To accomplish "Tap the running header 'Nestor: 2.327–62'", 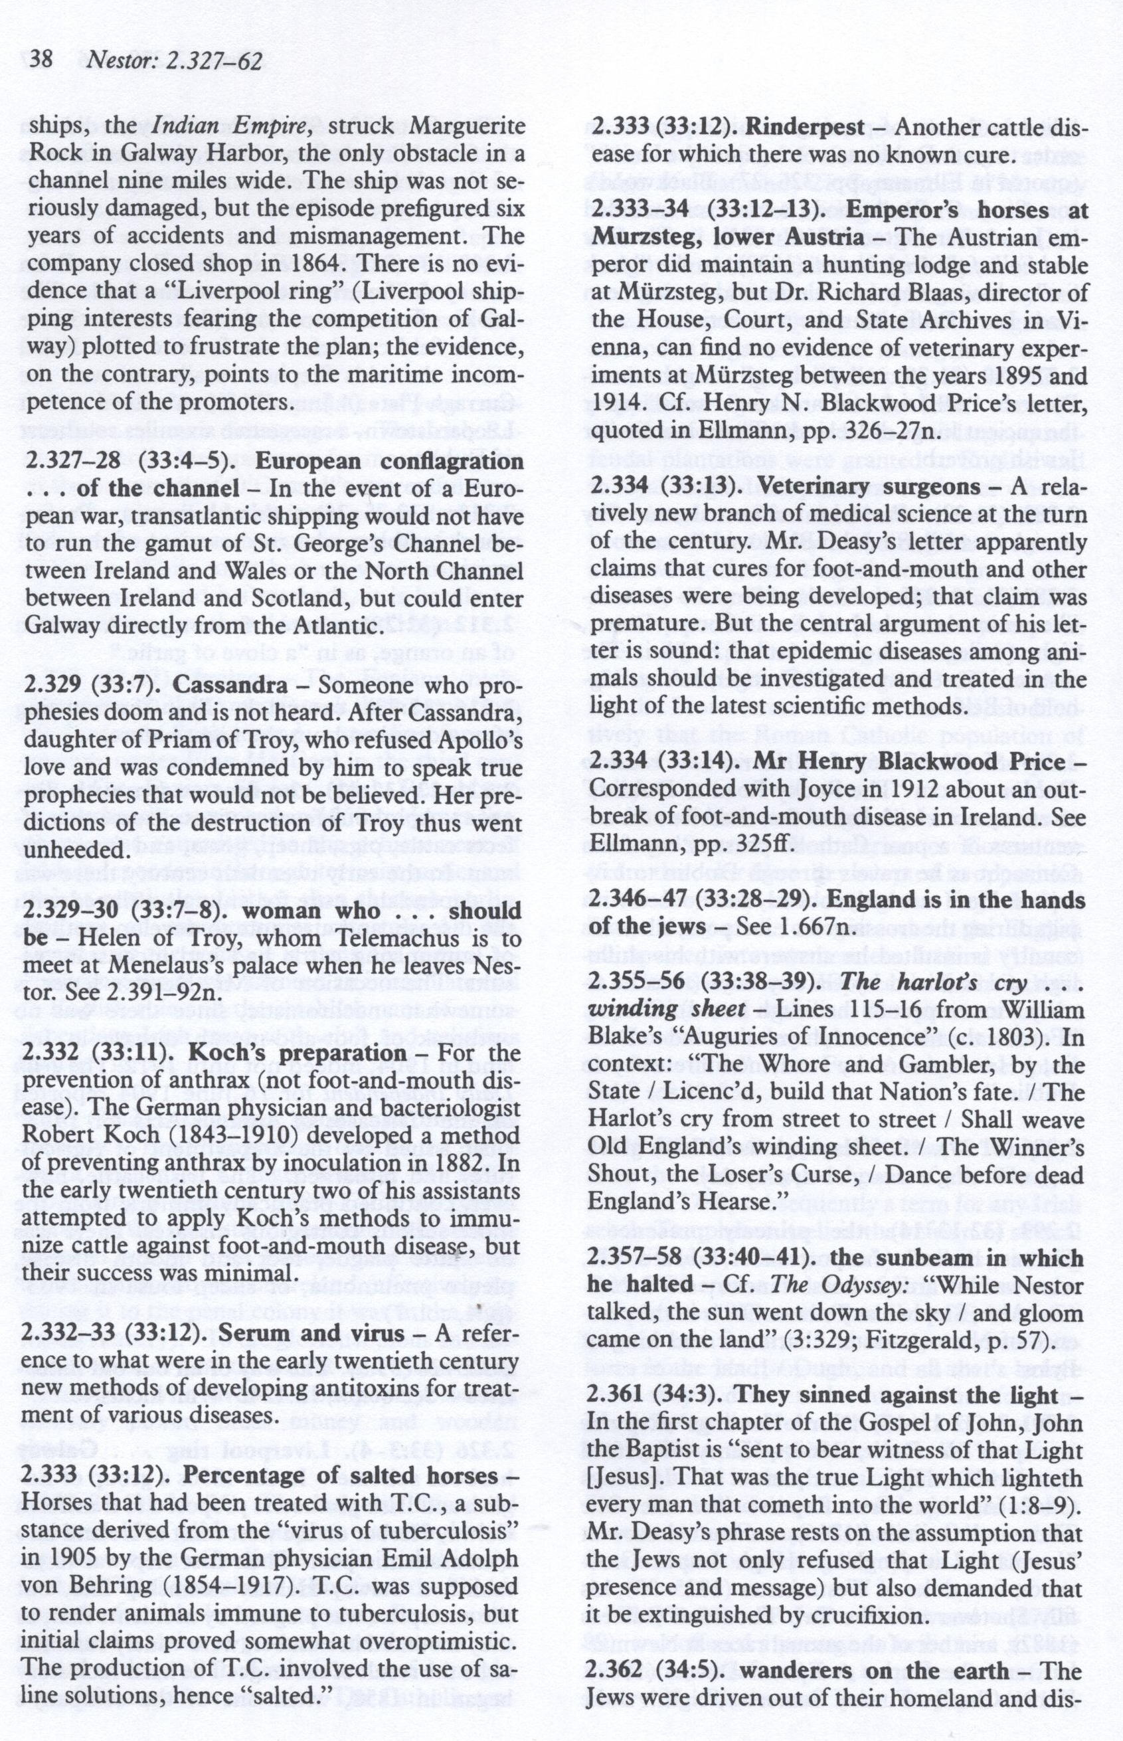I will coord(173,61).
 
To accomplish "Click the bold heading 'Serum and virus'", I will coord(311,1332).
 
